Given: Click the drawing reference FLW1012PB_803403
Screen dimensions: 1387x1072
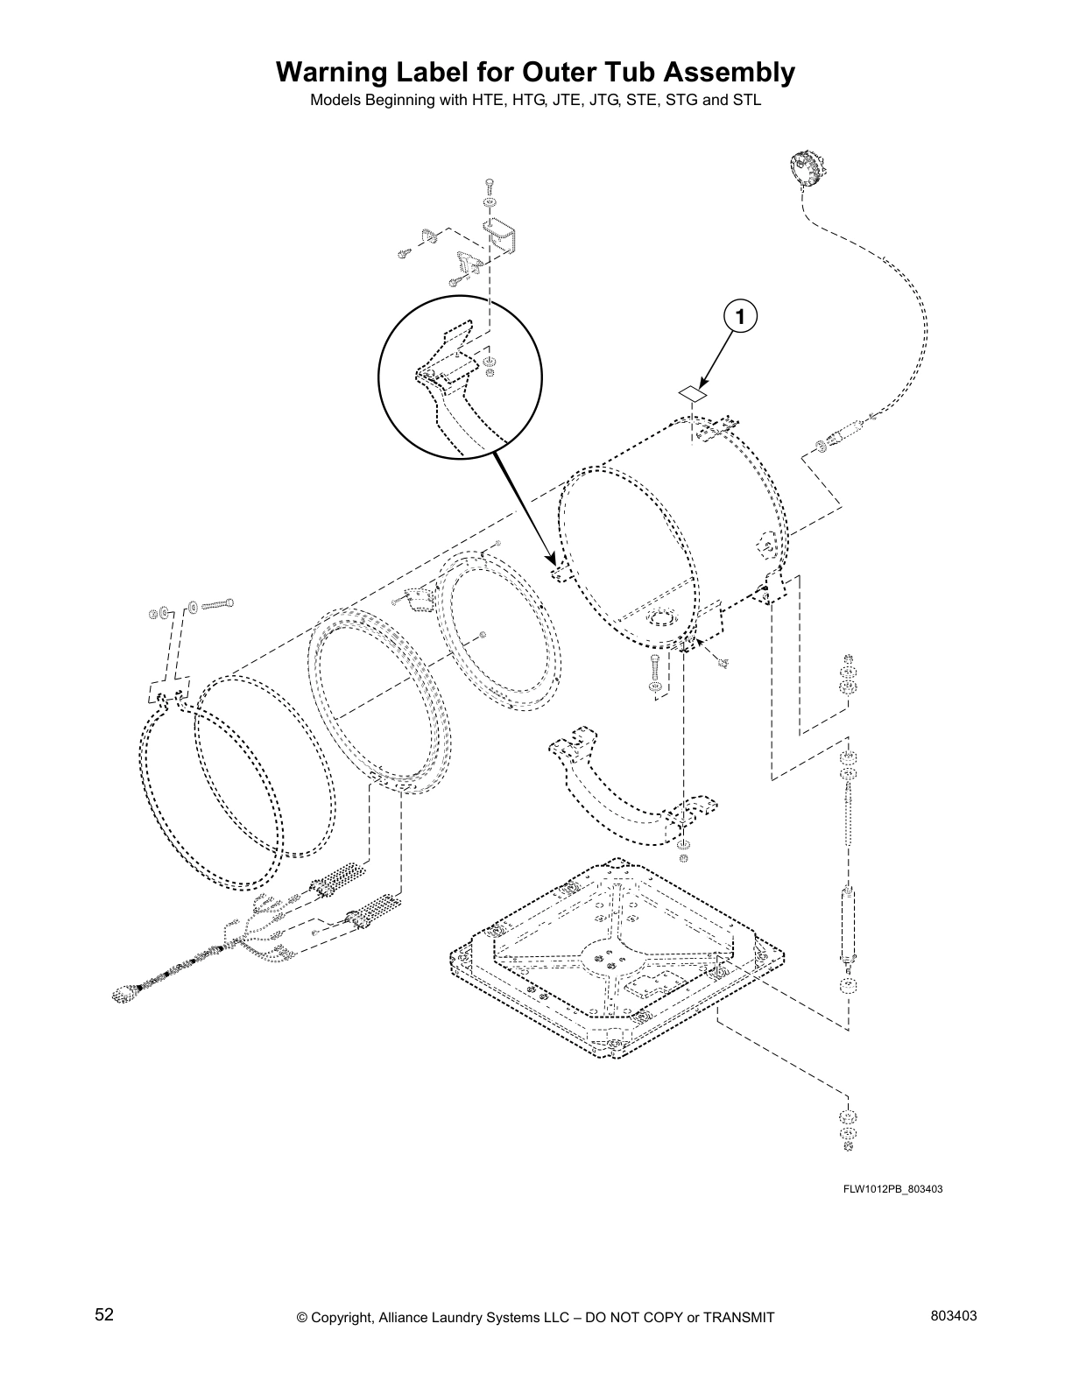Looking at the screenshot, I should tap(892, 1189).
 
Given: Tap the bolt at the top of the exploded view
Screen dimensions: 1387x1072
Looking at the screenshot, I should tap(489, 186).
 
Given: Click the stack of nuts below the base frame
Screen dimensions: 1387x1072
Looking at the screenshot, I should tap(847, 1130).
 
